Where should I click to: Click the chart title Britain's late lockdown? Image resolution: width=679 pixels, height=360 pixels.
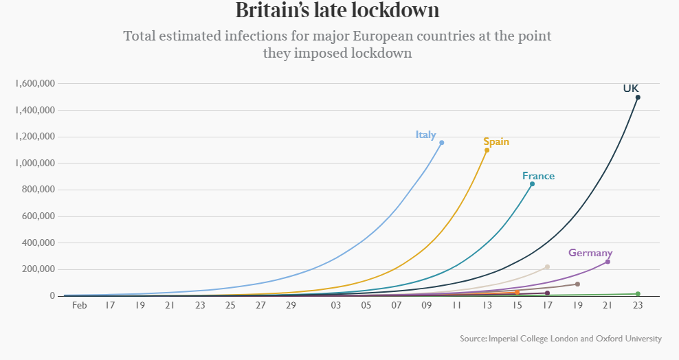point(337,11)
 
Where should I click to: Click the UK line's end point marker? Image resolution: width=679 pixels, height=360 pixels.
point(638,98)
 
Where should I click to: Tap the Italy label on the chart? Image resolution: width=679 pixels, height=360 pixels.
point(425,135)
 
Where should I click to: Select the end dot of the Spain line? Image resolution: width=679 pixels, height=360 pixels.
point(487,150)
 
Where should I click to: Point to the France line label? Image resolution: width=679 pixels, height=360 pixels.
point(538,176)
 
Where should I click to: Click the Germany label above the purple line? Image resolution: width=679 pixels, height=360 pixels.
point(590,253)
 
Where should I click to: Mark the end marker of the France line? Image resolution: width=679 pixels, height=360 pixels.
point(532,184)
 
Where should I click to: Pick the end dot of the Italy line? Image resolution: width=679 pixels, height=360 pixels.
point(441,143)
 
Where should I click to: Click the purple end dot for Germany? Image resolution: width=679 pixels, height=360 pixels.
point(608,262)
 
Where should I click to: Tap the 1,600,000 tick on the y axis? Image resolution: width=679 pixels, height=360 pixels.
point(34,84)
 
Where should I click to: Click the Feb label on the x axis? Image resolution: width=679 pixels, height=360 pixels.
point(80,304)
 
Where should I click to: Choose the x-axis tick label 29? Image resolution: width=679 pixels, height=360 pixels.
point(291,304)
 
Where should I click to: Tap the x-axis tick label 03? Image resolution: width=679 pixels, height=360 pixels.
point(336,304)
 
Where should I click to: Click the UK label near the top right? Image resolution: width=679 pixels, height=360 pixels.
point(631,89)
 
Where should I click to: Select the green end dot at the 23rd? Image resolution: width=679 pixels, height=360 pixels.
point(638,294)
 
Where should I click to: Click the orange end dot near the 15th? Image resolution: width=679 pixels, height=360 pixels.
point(517,293)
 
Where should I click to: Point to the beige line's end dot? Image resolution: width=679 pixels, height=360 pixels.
point(547,267)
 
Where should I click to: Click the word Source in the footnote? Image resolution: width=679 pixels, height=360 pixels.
point(473,338)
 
